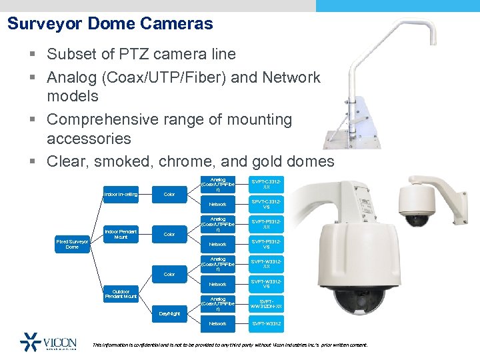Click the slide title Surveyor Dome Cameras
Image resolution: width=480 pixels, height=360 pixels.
(110, 25)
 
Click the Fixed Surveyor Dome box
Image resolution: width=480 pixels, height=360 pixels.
(73, 244)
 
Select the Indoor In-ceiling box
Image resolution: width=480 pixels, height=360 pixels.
(121, 195)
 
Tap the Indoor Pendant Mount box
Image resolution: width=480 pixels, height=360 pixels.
(121, 234)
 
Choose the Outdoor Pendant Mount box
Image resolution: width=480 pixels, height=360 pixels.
(121, 293)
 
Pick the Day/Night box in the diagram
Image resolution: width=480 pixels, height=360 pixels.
(169, 313)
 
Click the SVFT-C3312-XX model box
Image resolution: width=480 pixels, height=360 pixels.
(266, 184)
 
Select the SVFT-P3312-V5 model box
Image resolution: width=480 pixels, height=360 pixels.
(266, 244)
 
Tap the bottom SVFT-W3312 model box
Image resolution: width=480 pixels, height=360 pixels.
(266, 324)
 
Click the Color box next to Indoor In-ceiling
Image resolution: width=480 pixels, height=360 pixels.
(169, 195)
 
